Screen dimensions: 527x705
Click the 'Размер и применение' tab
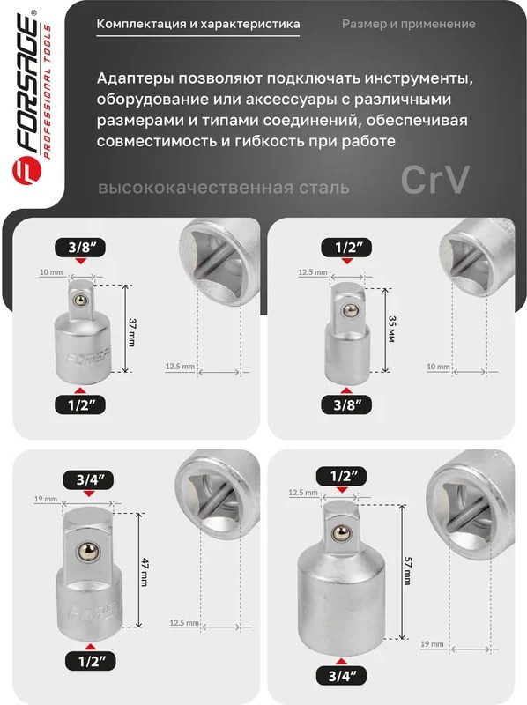click(x=408, y=24)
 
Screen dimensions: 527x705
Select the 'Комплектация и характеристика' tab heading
click(x=198, y=24)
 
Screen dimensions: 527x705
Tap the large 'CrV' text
click(x=434, y=180)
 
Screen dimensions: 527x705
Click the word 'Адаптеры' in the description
click(x=135, y=79)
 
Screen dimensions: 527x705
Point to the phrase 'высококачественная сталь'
click(x=224, y=188)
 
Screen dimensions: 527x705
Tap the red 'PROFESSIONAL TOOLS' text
click(x=48, y=91)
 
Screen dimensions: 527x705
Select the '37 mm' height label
click(x=132, y=333)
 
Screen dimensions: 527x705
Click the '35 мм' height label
click(x=391, y=329)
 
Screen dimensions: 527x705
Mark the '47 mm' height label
click(x=145, y=572)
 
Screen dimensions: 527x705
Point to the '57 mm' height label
click(x=408, y=570)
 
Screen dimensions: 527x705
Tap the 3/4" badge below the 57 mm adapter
click(x=342, y=676)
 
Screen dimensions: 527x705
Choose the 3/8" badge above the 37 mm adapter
click(x=80, y=248)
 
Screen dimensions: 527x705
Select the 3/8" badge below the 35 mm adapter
click(x=346, y=405)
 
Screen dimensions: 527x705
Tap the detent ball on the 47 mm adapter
click(x=87, y=553)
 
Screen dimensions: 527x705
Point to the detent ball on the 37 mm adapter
click(x=80, y=300)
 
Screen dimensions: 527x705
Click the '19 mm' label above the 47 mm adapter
click(x=46, y=499)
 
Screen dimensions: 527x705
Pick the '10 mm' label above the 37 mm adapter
click(x=51, y=272)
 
